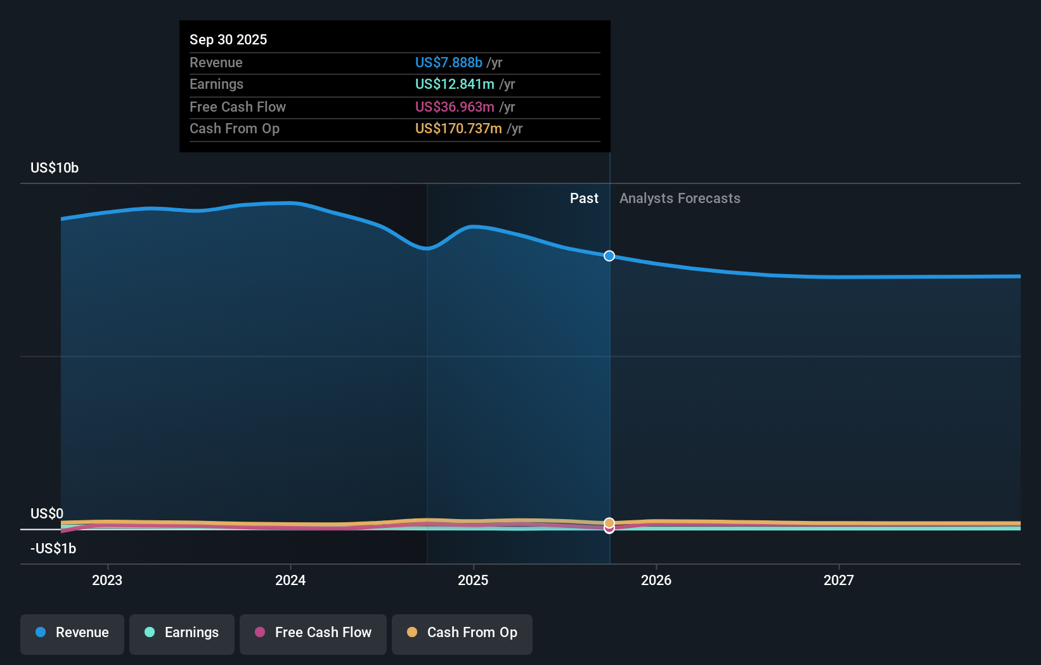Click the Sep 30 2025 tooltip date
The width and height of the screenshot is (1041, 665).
pyautogui.click(x=228, y=39)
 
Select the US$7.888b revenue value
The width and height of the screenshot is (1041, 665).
pyautogui.click(x=448, y=62)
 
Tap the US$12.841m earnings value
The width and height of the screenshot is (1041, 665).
pyautogui.click(x=455, y=84)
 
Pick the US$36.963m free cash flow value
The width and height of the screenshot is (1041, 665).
pyautogui.click(x=455, y=107)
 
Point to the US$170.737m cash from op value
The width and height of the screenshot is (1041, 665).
pyautogui.click(x=458, y=128)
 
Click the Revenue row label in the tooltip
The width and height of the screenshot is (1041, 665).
pyautogui.click(x=216, y=62)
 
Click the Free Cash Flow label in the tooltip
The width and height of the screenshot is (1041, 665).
pyautogui.click(x=238, y=107)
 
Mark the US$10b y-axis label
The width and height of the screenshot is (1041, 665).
pyautogui.click(x=55, y=168)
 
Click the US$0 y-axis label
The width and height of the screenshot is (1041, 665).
pyautogui.click(x=47, y=513)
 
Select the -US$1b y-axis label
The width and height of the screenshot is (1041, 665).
pyautogui.click(x=53, y=548)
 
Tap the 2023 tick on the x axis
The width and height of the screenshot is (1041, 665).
pyautogui.click(x=107, y=580)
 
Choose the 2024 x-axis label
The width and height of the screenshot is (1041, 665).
pyautogui.click(x=290, y=580)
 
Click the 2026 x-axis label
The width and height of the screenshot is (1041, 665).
pyautogui.click(x=656, y=580)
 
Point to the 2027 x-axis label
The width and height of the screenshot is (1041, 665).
pyautogui.click(x=839, y=580)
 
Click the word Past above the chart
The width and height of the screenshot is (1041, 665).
pyautogui.click(x=584, y=198)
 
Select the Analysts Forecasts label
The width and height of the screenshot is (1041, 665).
pyautogui.click(x=680, y=198)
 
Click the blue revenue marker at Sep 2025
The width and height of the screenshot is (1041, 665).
pyautogui.click(x=609, y=256)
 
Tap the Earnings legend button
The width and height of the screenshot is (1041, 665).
pyautogui.click(x=182, y=633)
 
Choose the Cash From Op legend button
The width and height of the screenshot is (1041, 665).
pyautogui.click(x=462, y=633)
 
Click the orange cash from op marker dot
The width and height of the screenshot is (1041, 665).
pyautogui.click(x=609, y=523)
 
